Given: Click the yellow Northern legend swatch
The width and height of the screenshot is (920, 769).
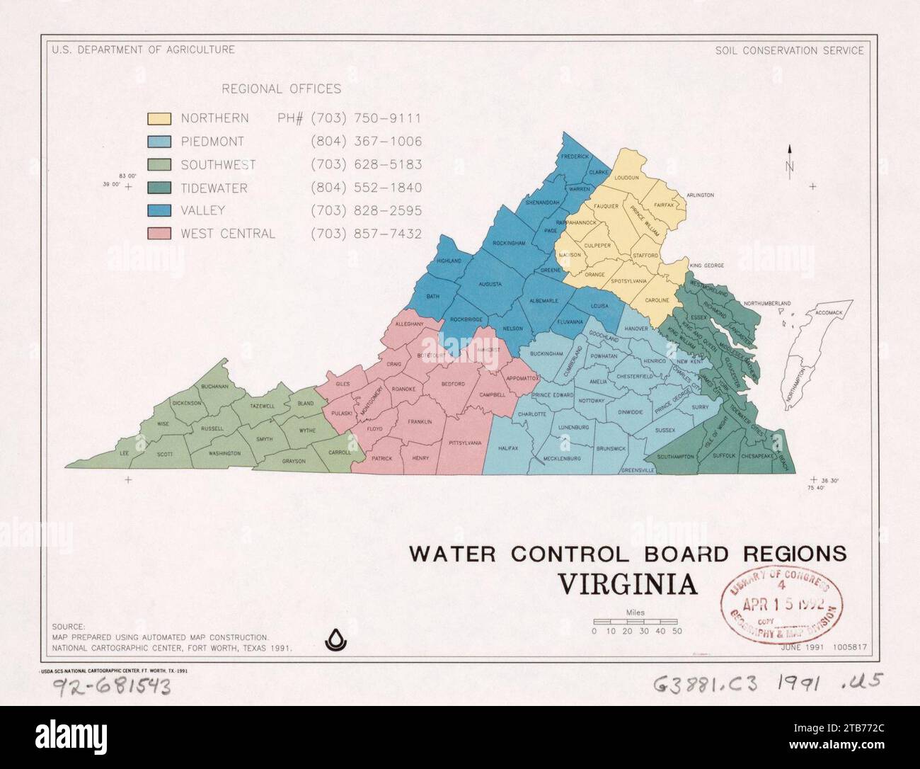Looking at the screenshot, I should tap(159, 118).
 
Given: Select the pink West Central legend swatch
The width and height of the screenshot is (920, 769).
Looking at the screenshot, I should tap(159, 234).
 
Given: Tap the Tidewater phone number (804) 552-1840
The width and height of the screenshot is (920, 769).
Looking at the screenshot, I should tap(366, 188).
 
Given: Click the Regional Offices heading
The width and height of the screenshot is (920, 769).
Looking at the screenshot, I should tap(281, 89).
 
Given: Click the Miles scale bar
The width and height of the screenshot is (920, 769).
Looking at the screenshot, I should tap(636, 621).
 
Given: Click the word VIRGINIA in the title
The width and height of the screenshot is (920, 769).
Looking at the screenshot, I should tap(628, 586).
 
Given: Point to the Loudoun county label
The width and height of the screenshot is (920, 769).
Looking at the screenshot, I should tap(626, 178).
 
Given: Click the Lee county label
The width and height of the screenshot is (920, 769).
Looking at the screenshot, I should tap(125, 453).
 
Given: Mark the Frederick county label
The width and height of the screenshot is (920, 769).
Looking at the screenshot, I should tap(575, 156).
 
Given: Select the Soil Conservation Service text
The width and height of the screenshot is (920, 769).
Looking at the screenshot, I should tap(789, 50).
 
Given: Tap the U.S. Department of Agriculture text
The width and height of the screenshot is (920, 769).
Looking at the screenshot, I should tap(143, 50).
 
